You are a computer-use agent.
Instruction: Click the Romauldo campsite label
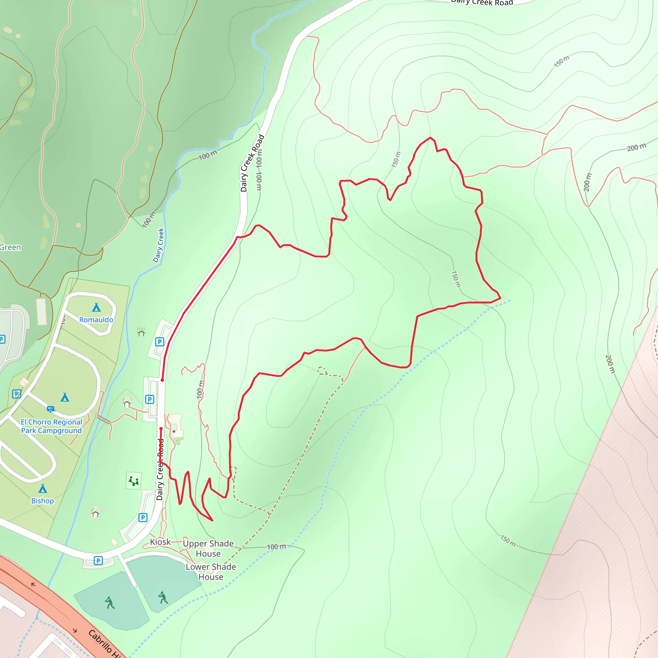(x=96, y=319)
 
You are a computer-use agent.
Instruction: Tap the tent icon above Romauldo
(x=96, y=307)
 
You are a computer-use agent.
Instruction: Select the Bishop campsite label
(x=43, y=501)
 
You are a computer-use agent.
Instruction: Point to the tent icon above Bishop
(x=43, y=489)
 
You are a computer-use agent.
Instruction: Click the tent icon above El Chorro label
(x=65, y=397)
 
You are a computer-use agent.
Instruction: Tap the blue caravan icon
(x=50, y=409)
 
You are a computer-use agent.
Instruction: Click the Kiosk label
(x=160, y=542)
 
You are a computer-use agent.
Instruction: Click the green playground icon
(x=134, y=481)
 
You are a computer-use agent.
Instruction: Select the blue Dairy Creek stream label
(x=158, y=245)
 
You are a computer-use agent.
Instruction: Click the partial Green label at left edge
(x=10, y=247)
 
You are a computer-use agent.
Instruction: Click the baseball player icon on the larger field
(x=109, y=602)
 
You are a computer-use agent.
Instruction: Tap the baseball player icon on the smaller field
(x=163, y=597)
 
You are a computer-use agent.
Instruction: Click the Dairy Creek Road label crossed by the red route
(x=160, y=469)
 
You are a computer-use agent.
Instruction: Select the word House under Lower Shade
(x=211, y=577)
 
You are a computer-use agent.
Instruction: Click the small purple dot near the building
(x=174, y=431)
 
